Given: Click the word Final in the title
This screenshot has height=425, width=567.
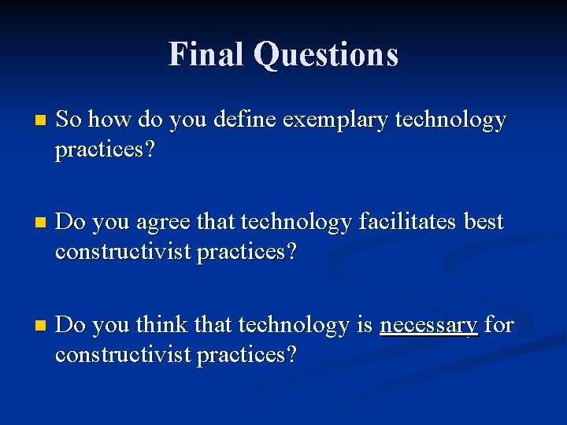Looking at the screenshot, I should (206, 54).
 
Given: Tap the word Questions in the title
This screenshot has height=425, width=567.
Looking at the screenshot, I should (326, 55).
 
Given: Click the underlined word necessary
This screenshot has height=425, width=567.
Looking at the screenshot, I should (428, 326).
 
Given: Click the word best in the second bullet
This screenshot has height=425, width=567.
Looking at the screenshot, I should (484, 223).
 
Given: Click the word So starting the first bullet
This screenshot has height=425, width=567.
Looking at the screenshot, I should (69, 120).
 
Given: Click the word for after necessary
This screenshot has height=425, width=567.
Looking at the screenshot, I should (499, 325).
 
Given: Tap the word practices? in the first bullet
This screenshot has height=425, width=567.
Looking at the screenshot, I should (105, 150).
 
